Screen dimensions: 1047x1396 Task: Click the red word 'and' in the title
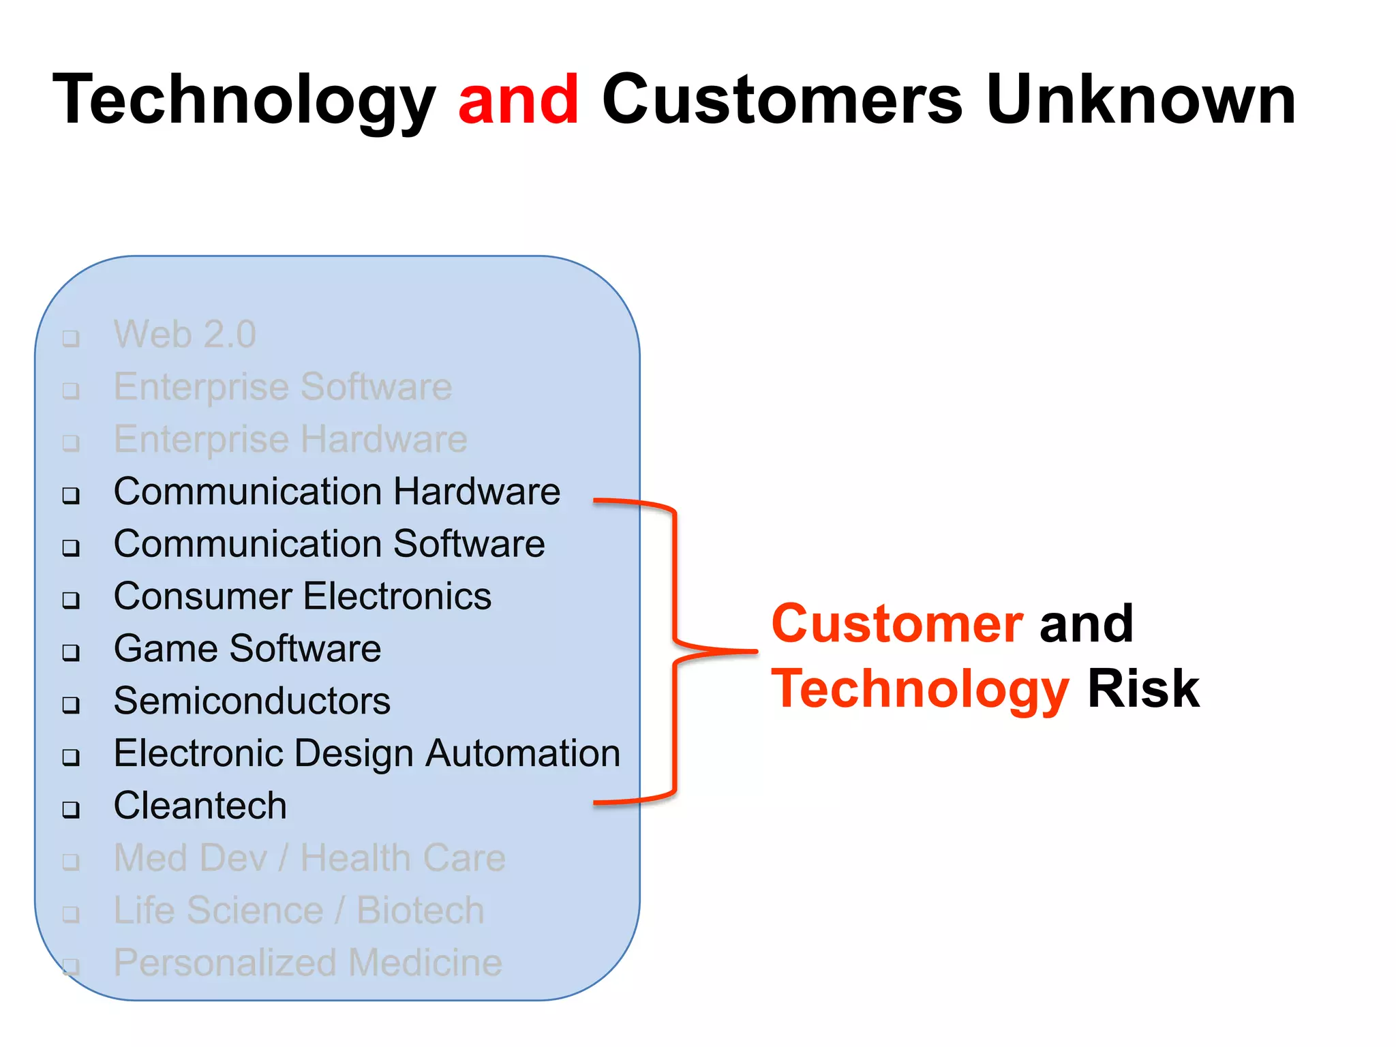point(518,100)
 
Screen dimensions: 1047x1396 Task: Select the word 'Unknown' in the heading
point(1140,100)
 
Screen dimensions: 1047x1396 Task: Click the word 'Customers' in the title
point(782,100)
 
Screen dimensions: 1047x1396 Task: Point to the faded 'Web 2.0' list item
point(185,335)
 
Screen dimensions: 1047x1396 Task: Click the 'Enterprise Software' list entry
point(282,387)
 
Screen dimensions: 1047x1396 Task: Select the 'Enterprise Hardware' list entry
point(290,439)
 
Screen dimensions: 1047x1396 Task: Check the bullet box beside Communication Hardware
point(71,495)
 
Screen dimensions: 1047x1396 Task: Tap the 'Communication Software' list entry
point(329,544)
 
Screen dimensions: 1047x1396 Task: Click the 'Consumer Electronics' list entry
point(302,596)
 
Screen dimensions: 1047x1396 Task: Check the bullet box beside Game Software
point(71,652)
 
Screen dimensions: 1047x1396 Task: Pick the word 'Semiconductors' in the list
point(252,701)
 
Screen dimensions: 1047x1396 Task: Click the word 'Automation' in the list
point(523,753)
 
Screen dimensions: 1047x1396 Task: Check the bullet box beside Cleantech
point(71,809)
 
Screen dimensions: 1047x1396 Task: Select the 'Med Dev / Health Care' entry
point(309,858)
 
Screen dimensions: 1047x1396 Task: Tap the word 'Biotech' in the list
point(420,911)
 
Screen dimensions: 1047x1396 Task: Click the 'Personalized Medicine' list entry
point(307,962)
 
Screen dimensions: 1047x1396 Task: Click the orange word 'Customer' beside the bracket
point(897,624)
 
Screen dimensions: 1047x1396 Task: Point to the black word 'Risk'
point(1142,689)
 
